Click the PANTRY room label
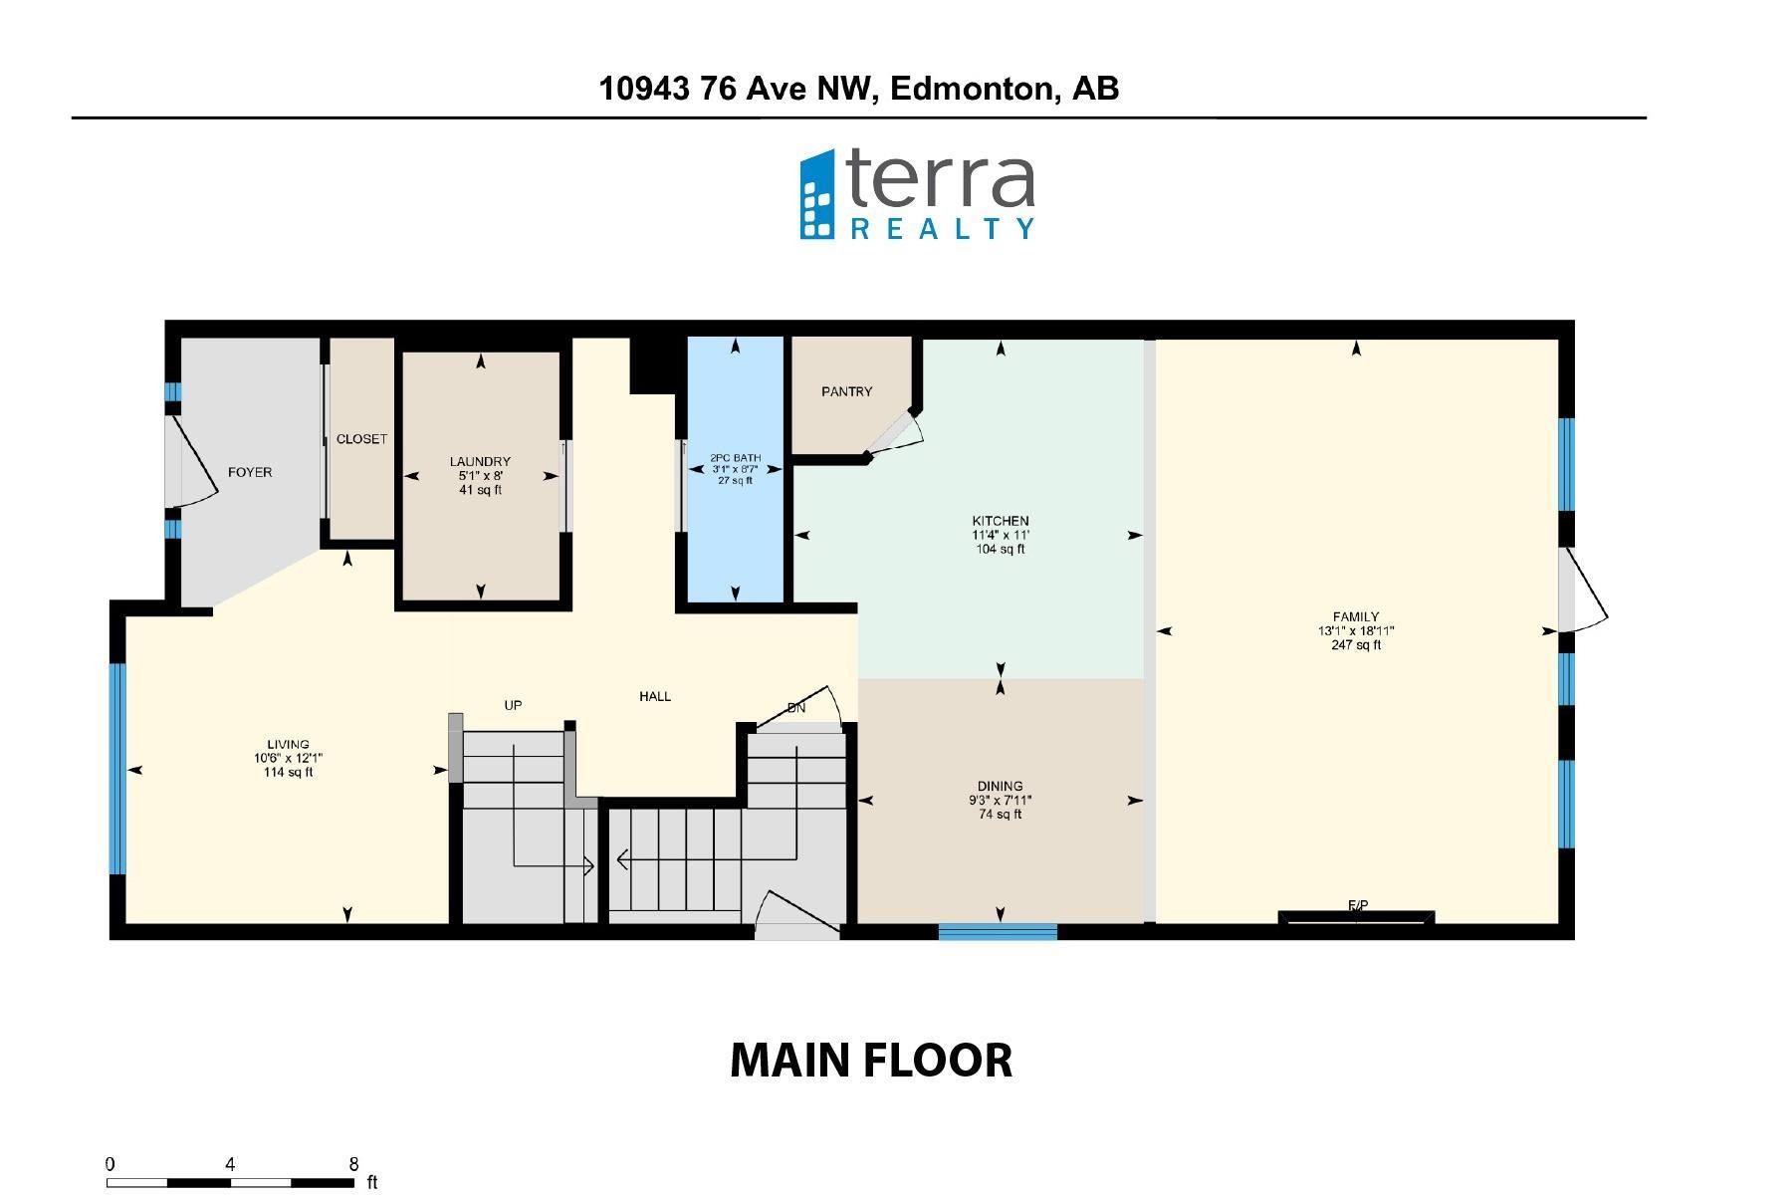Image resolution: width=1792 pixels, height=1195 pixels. click(846, 391)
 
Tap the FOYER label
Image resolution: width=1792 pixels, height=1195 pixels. click(250, 472)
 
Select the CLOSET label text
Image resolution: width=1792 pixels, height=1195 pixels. click(361, 439)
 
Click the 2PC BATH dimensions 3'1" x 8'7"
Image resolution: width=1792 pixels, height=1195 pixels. click(735, 469)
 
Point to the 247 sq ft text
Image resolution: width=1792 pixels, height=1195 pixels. click(1356, 645)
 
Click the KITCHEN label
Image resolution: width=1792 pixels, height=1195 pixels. click(1001, 521)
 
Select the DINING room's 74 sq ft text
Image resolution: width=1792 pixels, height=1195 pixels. click(1000, 815)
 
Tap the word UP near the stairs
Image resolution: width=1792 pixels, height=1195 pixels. click(513, 705)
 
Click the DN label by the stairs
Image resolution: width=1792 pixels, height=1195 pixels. click(796, 708)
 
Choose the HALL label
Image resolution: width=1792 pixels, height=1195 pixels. click(655, 696)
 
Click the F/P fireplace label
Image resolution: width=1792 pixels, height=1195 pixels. click(1358, 905)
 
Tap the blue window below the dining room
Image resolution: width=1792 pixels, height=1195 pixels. click(998, 932)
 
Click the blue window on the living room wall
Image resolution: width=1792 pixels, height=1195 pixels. click(117, 768)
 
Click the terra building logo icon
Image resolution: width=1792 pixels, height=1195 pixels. click(817, 195)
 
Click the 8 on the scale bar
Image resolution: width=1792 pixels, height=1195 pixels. click(353, 1163)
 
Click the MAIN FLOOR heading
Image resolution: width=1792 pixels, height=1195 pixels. click(871, 1061)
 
